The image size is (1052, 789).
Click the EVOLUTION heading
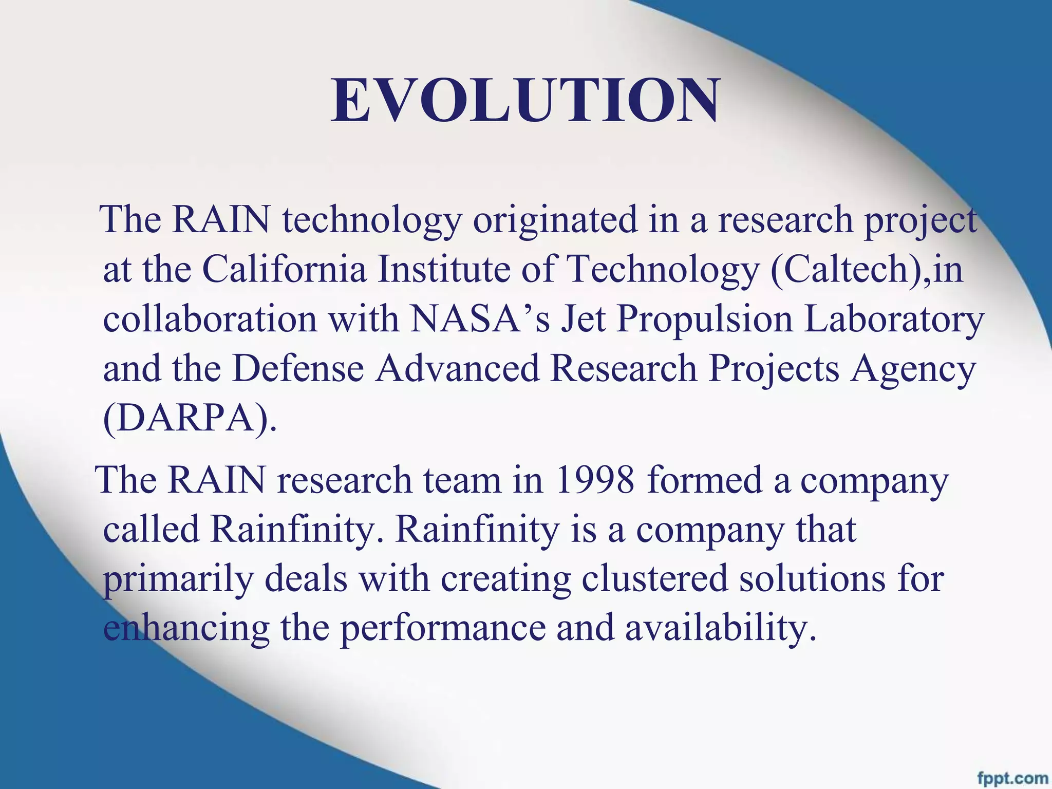tap(525, 101)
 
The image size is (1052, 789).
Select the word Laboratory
tap(894, 320)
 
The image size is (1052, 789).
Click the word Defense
tap(298, 368)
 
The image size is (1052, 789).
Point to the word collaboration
tap(210, 319)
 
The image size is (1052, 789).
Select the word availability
tap(720, 628)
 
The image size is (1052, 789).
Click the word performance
tap(443, 628)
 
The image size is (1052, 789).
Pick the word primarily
tap(178, 579)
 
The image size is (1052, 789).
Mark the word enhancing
tap(186, 628)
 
